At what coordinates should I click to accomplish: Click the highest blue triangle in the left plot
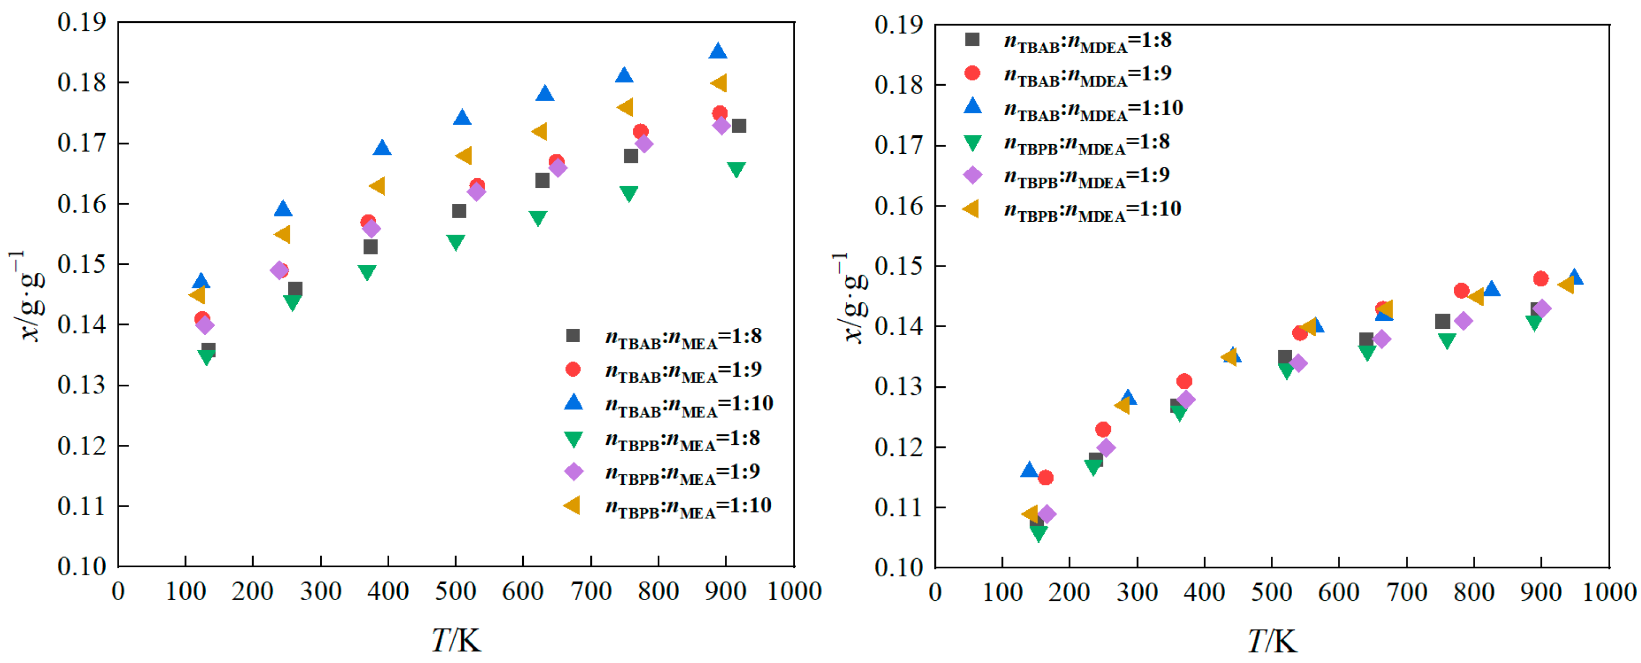pos(717,52)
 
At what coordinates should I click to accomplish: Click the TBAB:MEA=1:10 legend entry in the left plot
pos(688,403)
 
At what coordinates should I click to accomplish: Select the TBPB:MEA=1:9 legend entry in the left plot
pos(682,473)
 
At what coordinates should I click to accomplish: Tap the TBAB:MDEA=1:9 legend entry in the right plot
pos(1087,74)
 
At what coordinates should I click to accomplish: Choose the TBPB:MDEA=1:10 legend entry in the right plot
pos(1092,209)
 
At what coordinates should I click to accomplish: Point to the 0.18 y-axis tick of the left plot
pos(81,83)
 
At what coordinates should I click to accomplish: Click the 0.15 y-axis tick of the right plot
pos(899,267)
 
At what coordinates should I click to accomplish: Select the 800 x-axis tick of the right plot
pos(1473,593)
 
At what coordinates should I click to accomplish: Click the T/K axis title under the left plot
pos(456,640)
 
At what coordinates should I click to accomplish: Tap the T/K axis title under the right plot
pos(1272,641)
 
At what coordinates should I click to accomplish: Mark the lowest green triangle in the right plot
pos(1039,533)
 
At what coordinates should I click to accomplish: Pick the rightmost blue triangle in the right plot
pos(1574,277)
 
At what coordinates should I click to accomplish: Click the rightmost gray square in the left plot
pos(739,126)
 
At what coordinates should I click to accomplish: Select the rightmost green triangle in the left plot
pos(736,170)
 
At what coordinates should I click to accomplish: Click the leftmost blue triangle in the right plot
pos(1029,470)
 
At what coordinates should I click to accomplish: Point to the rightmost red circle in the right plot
pos(1540,279)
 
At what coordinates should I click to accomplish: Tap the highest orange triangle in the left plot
pos(718,83)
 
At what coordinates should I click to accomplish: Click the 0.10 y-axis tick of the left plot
pos(81,566)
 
